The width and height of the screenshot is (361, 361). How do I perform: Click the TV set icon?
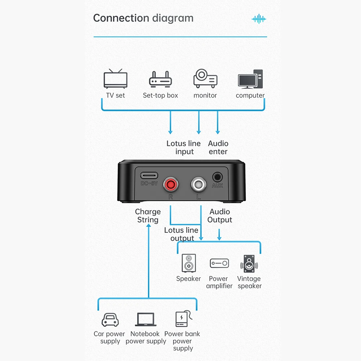pos(116,78)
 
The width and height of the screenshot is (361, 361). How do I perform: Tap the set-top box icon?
pos(161,79)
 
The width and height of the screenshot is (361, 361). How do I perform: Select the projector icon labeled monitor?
pos(205,78)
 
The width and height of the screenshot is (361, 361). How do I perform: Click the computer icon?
pos(251,79)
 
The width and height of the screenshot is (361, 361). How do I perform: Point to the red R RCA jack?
pos(171,184)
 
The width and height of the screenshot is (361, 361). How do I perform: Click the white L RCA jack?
pos(199,184)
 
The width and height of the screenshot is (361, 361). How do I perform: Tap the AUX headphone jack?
pos(217,177)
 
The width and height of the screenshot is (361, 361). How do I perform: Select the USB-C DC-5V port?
pos(149,176)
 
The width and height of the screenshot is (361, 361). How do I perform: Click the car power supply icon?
pos(110,319)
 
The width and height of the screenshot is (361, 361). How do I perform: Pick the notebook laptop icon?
pos(145,319)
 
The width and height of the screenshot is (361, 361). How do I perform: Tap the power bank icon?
pos(184,318)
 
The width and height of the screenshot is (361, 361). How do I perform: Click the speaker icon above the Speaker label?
pos(189,263)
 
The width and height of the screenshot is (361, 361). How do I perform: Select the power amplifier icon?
pos(219,263)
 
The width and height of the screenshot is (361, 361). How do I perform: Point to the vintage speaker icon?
pos(249,264)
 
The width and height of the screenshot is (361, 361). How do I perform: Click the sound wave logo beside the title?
pos(259,19)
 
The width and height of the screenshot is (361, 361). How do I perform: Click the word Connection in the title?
pos(121,18)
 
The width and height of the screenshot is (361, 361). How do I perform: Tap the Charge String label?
pos(148,216)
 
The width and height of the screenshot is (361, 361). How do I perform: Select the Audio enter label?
pos(218,147)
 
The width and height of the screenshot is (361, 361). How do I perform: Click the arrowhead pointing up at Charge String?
pos(149,226)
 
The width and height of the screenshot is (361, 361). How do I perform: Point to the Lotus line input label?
pos(183,147)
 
